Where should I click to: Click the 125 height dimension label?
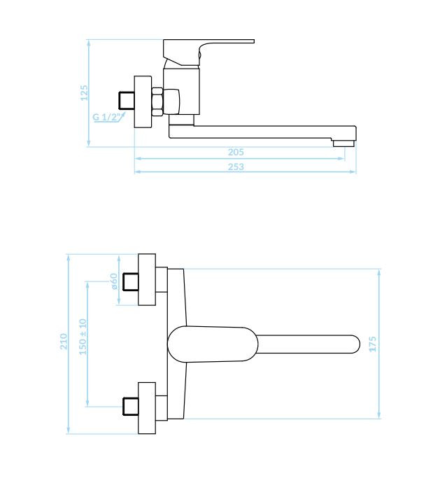click(84, 92)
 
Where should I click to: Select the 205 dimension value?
click(236, 152)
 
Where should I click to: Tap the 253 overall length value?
click(236, 167)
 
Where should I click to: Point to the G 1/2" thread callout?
click(106, 117)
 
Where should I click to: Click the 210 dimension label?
click(64, 342)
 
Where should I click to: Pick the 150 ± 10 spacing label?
click(83, 337)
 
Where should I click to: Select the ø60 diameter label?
click(113, 281)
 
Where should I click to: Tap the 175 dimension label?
click(372, 344)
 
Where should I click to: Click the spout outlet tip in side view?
click(343, 143)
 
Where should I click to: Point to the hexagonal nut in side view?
click(157, 101)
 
